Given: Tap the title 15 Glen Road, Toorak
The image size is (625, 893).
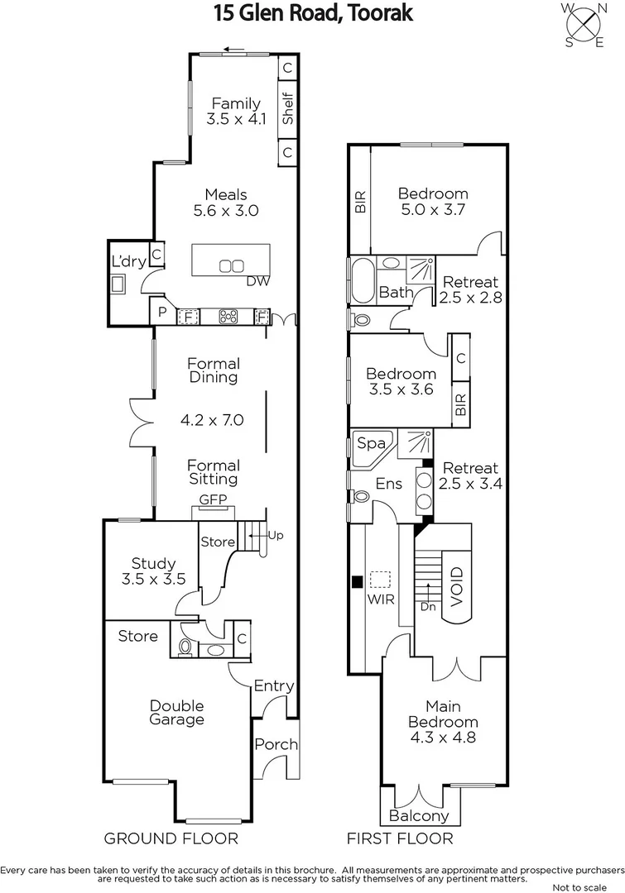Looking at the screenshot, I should pos(313,13).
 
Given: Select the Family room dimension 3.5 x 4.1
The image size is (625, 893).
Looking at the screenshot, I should pos(236,119).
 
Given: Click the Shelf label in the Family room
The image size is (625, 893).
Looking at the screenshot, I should pos(288,108).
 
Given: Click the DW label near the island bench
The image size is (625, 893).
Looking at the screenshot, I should pos(258,281).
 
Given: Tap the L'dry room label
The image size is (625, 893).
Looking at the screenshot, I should pos(128,261).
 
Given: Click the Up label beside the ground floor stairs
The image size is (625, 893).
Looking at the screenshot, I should pos(276,535).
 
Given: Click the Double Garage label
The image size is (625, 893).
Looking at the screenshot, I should pos(176,712).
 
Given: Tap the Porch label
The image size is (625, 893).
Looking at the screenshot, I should pos(276,744).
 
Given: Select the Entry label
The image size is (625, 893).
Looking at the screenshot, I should pos(273,685).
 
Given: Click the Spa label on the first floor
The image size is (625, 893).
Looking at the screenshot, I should pos(370,443).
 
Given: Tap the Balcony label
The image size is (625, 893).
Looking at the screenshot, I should pos(419,815).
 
